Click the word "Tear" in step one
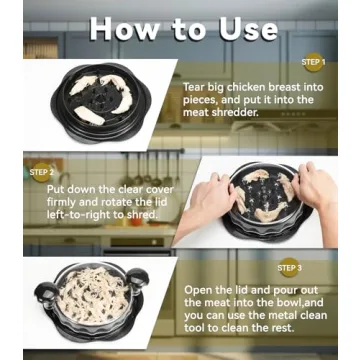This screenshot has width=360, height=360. tap(197, 88)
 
